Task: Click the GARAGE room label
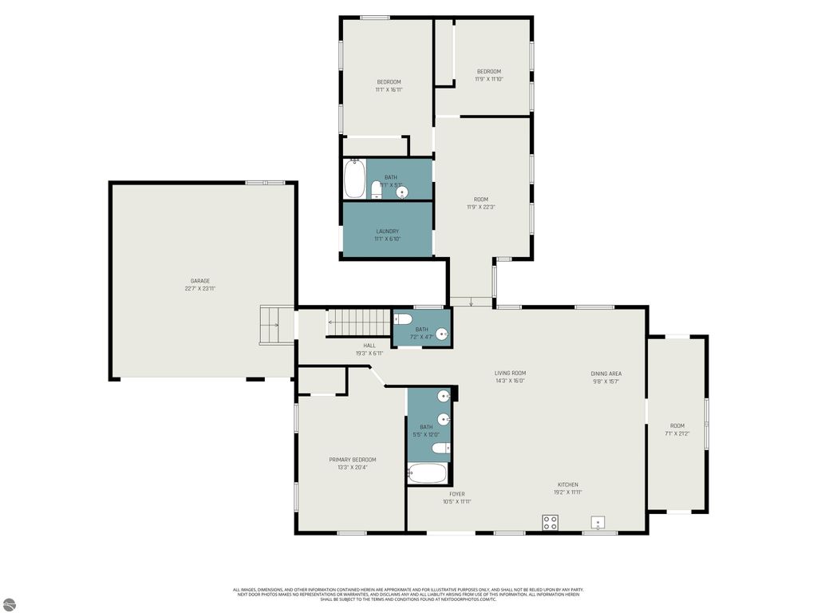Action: click(199, 281)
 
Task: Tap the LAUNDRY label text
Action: click(388, 231)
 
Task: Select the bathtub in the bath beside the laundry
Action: click(354, 179)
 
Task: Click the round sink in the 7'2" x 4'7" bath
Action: click(441, 335)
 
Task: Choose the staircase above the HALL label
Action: click(358, 323)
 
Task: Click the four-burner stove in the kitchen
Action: click(550, 523)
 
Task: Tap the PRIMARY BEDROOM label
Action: click(352, 460)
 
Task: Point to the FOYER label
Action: click(456, 494)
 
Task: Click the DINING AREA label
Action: click(606, 374)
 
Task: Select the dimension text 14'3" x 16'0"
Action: click(510, 381)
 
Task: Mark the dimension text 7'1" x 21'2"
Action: click(677, 433)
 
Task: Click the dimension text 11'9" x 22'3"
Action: click(481, 207)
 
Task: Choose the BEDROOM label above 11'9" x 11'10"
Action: click(489, 71)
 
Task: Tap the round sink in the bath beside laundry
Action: click(402, 192)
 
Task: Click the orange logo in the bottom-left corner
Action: click(10, 604)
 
